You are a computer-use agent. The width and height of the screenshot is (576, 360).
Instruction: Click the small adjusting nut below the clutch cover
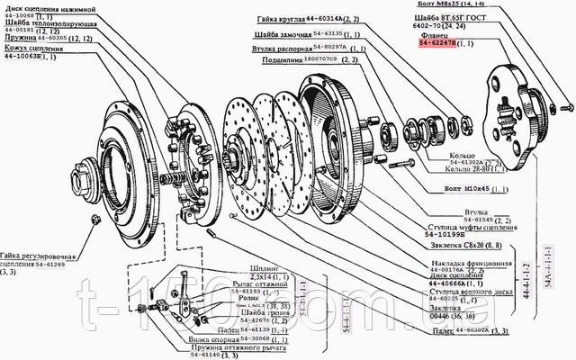pos(95,220)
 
